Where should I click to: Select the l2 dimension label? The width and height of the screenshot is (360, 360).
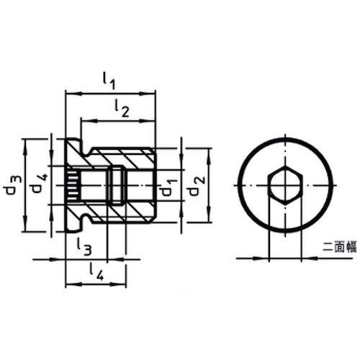[121, 109]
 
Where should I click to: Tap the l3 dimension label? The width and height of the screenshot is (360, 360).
[84, 247]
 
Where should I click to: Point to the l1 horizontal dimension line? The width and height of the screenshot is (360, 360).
[109, 92]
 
